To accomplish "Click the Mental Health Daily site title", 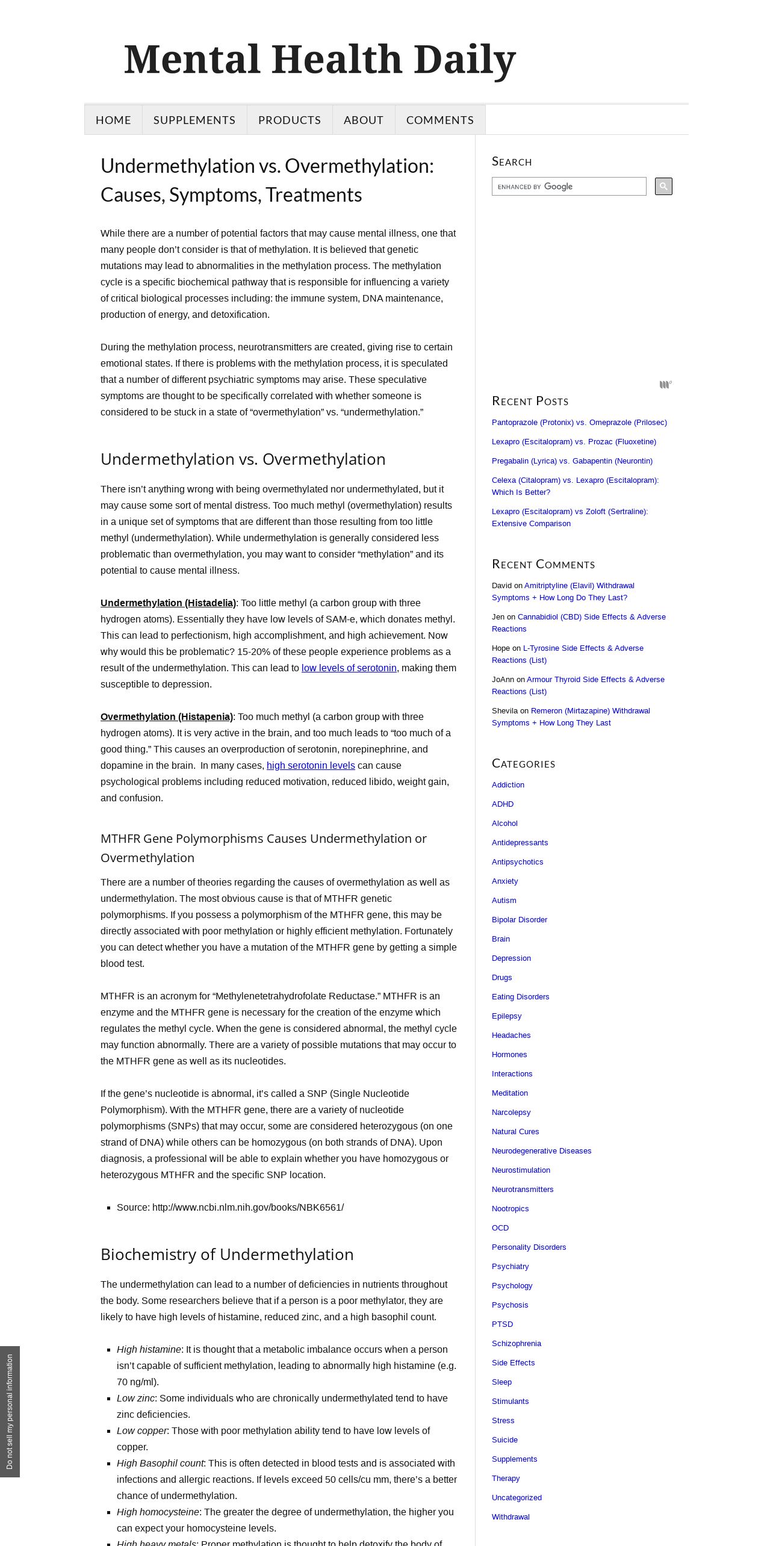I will pos(320,60).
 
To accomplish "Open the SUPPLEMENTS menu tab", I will pos(194,120).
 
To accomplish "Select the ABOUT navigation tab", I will pos(363,120).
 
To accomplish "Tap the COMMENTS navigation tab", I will pos(439,120).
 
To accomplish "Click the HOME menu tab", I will pos(113,120).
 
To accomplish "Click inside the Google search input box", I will pos(568,187).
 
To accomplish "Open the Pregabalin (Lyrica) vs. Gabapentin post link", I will pos(571,461).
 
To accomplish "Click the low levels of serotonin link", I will pos(349,668).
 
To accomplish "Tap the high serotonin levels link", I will pos(311,766).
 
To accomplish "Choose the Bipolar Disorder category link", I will pos(519,920).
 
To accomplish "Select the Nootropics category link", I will pos(510,1209).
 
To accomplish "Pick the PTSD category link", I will pos(502,1324).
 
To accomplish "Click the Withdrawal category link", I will pos(511,1517).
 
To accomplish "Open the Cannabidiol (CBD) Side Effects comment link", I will pos(591,617).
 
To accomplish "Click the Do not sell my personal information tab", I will pos(10,1412).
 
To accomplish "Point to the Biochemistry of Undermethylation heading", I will pos(226,1255).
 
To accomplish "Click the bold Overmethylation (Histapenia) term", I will pos(166,717).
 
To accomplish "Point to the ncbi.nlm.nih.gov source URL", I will pos(247,1208).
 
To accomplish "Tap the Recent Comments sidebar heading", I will pos(543,564).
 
